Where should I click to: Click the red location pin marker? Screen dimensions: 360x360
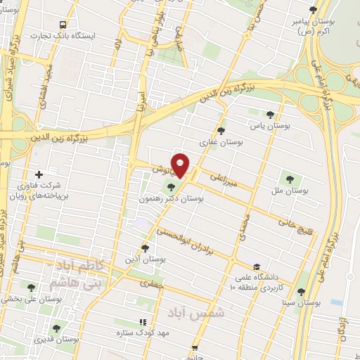pos(181,165)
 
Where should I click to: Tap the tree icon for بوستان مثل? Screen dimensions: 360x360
pos(289,179)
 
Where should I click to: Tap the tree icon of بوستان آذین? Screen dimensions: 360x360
pos(145,247)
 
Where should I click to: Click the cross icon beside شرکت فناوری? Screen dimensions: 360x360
pos(39,174)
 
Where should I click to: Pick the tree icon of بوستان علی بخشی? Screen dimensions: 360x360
pos(31,287)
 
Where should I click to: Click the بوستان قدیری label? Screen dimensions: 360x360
pos(59,340)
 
